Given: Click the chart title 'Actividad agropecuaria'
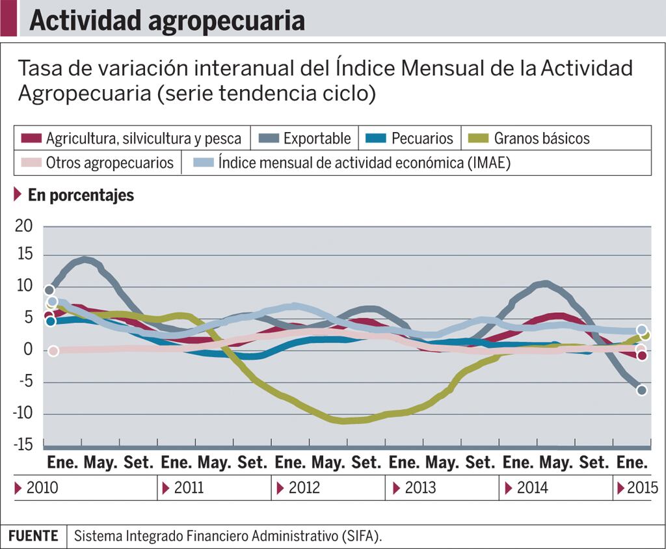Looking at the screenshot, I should tap(167, 21).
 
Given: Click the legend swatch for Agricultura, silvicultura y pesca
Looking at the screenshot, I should tap(31, 139).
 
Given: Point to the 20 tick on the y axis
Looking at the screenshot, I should tap(24, 226).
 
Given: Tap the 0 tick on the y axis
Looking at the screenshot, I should tap(28, 350).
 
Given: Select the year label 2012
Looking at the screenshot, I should tap(304, 488).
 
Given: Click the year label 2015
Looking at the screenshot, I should tap(642, 488).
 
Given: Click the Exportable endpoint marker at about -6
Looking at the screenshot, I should tap(642, 390).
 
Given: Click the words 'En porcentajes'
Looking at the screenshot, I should tap(81, 195).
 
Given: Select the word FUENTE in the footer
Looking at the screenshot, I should tap(33, 536).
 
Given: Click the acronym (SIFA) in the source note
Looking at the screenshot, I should tap(362, 537).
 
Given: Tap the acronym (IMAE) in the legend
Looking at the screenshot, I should tap(489, 163).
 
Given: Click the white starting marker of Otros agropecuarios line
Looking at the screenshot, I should tap(53, 351).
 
